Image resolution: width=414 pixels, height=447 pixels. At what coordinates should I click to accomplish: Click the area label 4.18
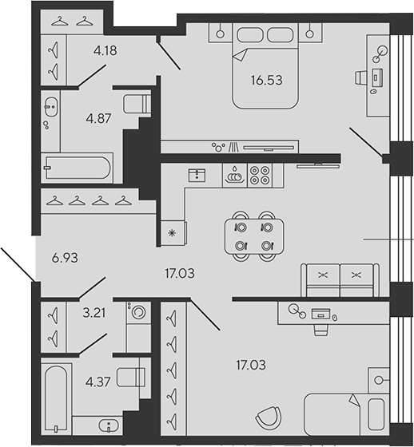point(105,51)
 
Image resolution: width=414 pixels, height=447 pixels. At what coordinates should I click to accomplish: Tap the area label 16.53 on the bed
point(267,80)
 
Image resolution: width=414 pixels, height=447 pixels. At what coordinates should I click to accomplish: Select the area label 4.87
point(98,118)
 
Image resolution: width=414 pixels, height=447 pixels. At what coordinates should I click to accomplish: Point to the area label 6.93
point(65,258)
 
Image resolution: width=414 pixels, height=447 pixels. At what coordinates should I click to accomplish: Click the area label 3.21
point(94,313)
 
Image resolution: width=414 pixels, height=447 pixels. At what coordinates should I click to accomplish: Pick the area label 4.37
point(98,382)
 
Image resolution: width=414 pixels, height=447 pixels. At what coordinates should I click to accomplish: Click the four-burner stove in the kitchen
point(260,176)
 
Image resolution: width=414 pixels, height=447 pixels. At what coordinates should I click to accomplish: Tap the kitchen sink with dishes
point(235,176)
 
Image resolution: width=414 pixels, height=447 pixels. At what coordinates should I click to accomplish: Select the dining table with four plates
point(254,236)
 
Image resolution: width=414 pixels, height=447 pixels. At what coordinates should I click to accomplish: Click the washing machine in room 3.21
point(138,312)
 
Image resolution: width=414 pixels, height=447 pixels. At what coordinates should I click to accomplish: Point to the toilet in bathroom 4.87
point(137,104)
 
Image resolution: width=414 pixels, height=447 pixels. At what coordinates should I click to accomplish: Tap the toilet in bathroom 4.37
point(131,377)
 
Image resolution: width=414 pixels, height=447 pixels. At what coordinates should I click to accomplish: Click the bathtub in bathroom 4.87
point(77,168)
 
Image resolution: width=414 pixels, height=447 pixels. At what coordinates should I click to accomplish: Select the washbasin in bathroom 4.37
point(108,426)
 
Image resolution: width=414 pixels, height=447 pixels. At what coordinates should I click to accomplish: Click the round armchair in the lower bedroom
point(269,417)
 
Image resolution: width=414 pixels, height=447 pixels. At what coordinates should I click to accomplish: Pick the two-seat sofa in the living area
point(340,280)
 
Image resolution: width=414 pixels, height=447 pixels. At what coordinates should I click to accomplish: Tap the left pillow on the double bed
point(250,35)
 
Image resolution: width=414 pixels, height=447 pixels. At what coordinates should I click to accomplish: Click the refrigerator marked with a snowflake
point(173,233)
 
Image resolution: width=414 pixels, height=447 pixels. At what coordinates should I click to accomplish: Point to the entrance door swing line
point(18,264)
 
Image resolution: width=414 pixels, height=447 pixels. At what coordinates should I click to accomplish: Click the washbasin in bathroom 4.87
point(51,107)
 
